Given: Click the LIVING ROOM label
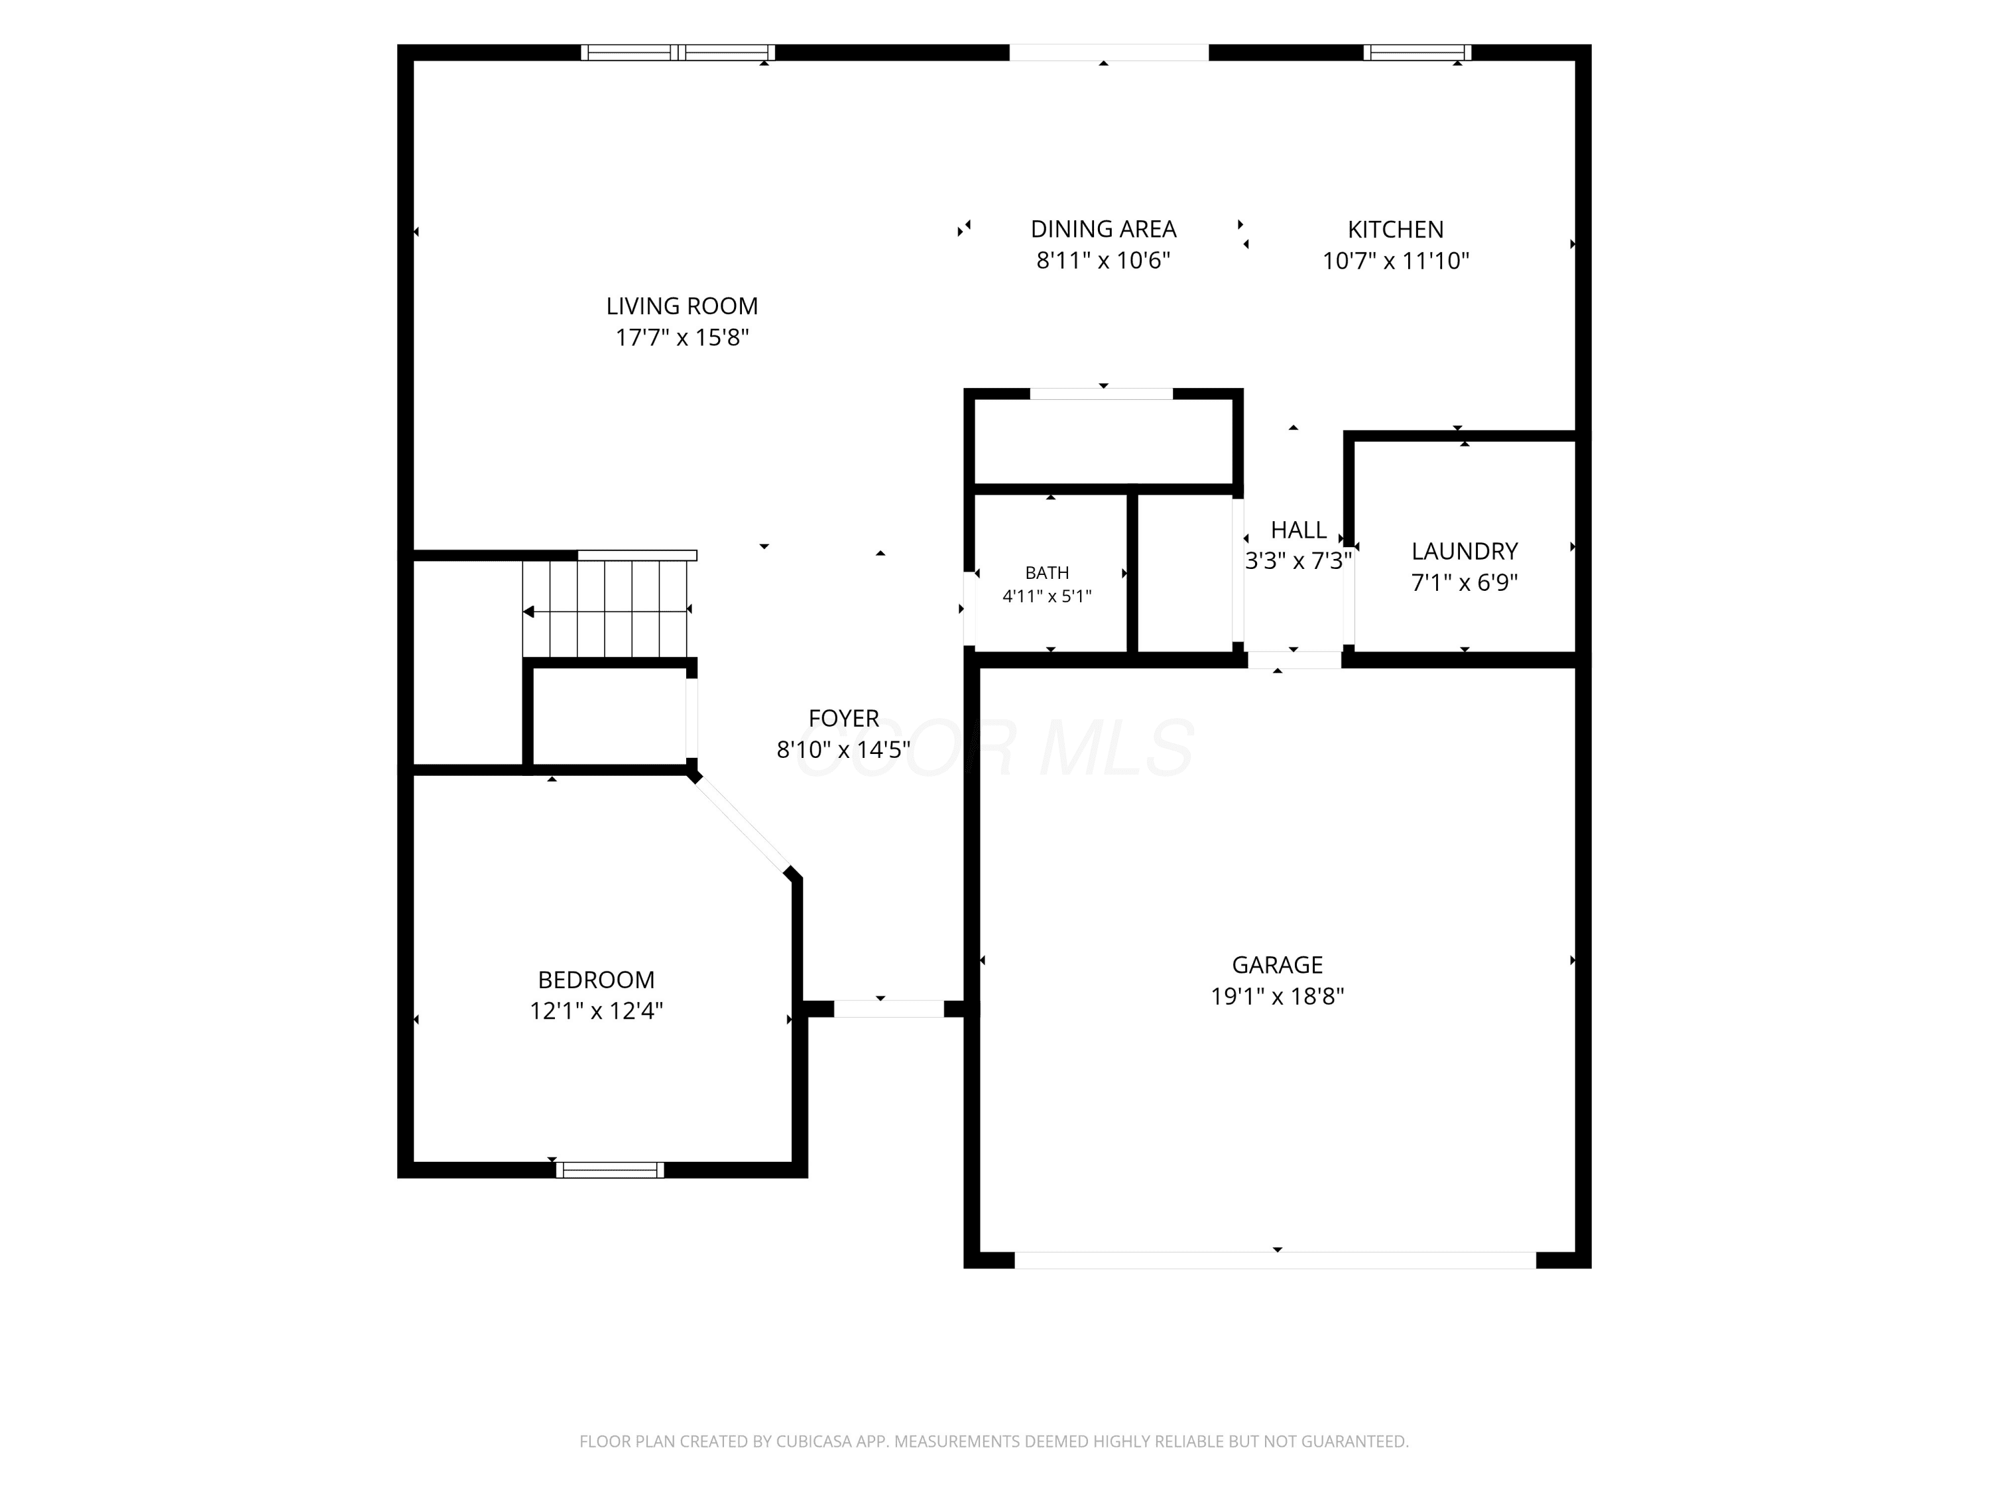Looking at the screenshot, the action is pyautogui.click(x=682, y=306).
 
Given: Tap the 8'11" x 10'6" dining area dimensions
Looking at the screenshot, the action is pyautogui.click(x=1103, y=261).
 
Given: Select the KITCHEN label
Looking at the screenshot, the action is pyautogui.click(x=1396, y=229).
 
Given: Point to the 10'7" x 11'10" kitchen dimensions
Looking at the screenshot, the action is pyautogui.click(x=1396, y=261).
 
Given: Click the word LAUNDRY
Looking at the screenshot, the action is pyautogui.click(x=1465, y=551).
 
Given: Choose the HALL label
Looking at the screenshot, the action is pyautogui.click(x=1298, y=530).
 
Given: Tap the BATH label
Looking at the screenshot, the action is pyautogui.click(x=1048, y=573).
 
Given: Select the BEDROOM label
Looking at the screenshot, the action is pyautogui.click(x=596, y=979).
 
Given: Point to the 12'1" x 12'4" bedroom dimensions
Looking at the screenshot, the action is pyautogui.click(x=596, y=1011).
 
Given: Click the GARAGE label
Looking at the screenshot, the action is pyautogui.click(x=1277, y=965).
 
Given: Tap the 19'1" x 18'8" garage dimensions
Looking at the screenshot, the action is pyautogui.click(x=1277, y=997).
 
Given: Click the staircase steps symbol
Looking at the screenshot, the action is pyautogui.click(x=605, y=610).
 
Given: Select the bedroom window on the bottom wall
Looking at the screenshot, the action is pyautogui.click(x=610, y=1170).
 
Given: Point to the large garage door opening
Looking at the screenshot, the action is pyautogui.click(x=1275, y=1260).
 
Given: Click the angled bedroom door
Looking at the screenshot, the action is pyautogui.click(x=742, y=824).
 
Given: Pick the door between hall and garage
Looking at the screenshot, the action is pyautogui.click(x=1294, y=660).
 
